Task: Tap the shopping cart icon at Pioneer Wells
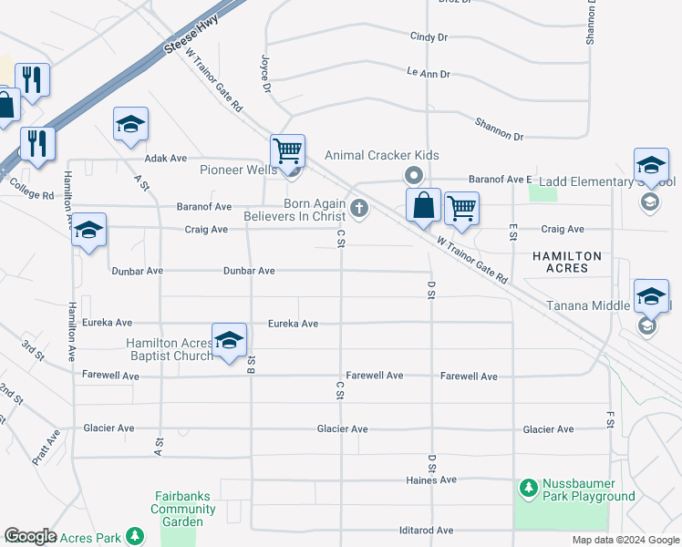(287, 150)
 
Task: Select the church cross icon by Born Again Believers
(359, 209)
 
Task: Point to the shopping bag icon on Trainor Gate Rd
(424, 206)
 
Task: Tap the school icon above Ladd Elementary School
(651, 164)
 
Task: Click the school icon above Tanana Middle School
(651, 295)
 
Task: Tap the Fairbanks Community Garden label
(177, 510)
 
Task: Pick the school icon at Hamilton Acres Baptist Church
(229, 340)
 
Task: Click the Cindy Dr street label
(429, 37)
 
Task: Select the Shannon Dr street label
(499, 129)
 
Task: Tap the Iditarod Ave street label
(426, 530)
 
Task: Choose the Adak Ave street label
(165, 158)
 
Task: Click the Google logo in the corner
(30, 536)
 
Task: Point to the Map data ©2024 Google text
(625, 540)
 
